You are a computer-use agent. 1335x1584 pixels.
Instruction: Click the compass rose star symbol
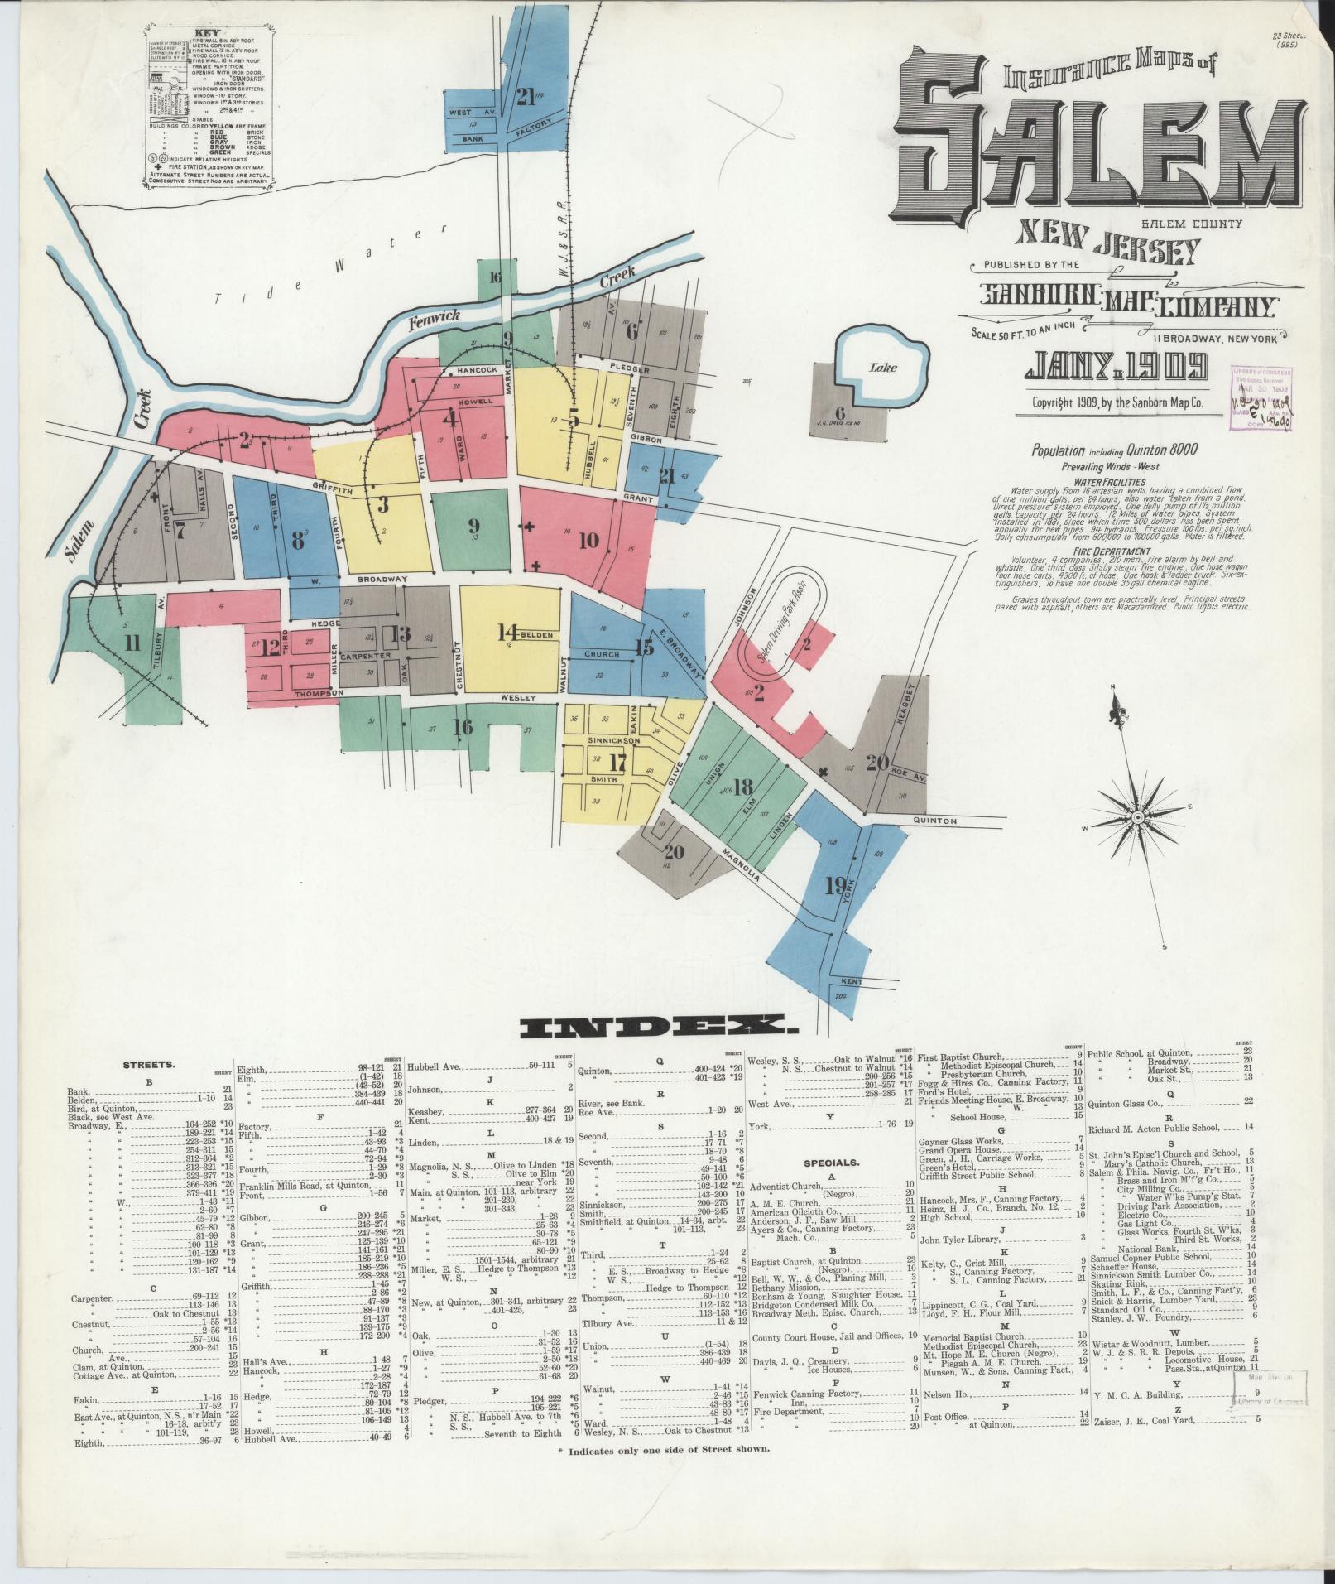point(1141,816)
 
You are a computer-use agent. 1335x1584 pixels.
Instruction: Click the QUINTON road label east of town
point(934,821)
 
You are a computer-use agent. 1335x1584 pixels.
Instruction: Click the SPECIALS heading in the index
point(830,1162)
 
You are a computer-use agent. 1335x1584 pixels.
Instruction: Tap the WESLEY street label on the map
point(520,698)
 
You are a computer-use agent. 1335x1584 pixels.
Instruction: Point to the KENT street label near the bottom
point(852,981)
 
